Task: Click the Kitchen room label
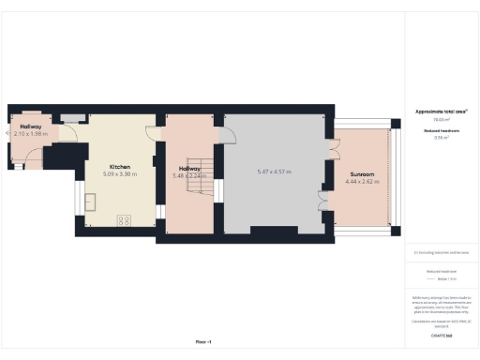pyautogui.click(x=119, y=167)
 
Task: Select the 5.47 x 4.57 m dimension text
pyautogui.click(x=275, y=172)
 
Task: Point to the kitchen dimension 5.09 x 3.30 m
pyautogui.click(x=119, y=174)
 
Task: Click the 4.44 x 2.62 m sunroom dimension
pyautogui.click(x=362, y=181)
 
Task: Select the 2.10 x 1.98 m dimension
pyautogui.click(x=30, y=134)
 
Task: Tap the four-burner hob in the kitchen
pyautogui.click(x=123, y=220)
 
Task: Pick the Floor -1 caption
pyautogui.click(x=203, y=341)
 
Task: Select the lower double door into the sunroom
pyautogui.click(x=324, y=201)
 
